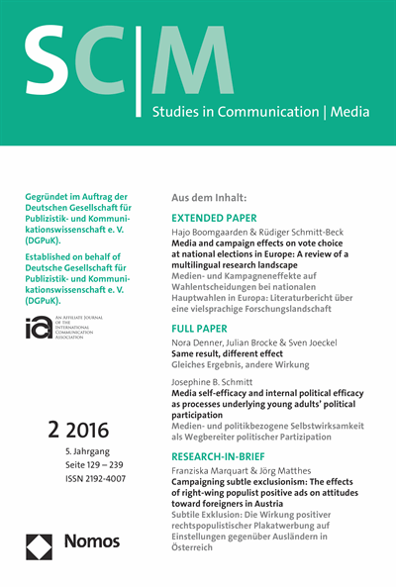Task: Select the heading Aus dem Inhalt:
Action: pos(217,197)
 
